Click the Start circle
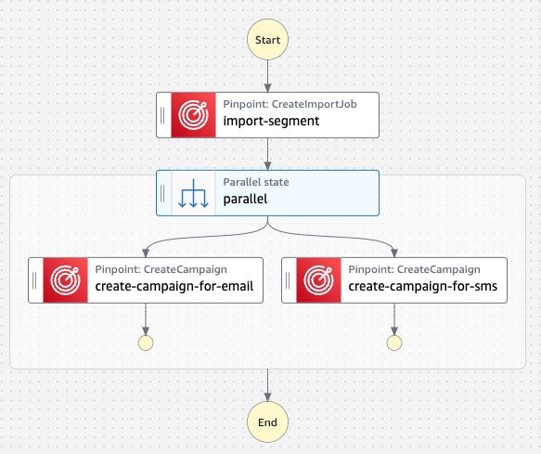267,39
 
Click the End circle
267,422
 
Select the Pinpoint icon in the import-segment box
193,115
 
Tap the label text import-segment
271,122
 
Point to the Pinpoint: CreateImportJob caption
290,104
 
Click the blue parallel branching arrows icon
193,193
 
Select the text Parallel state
256,182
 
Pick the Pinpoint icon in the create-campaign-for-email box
65,280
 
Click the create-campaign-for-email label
174,286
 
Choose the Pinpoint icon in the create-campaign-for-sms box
319,280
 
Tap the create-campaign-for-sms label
422,286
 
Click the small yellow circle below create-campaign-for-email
146,343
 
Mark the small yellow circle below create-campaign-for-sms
394,343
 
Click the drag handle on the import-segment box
162,115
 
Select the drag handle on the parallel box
162,193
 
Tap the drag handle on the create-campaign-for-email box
34,280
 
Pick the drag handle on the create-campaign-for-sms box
288,280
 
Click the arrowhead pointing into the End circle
267,397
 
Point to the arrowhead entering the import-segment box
267,87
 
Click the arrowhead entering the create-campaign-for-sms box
394,253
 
